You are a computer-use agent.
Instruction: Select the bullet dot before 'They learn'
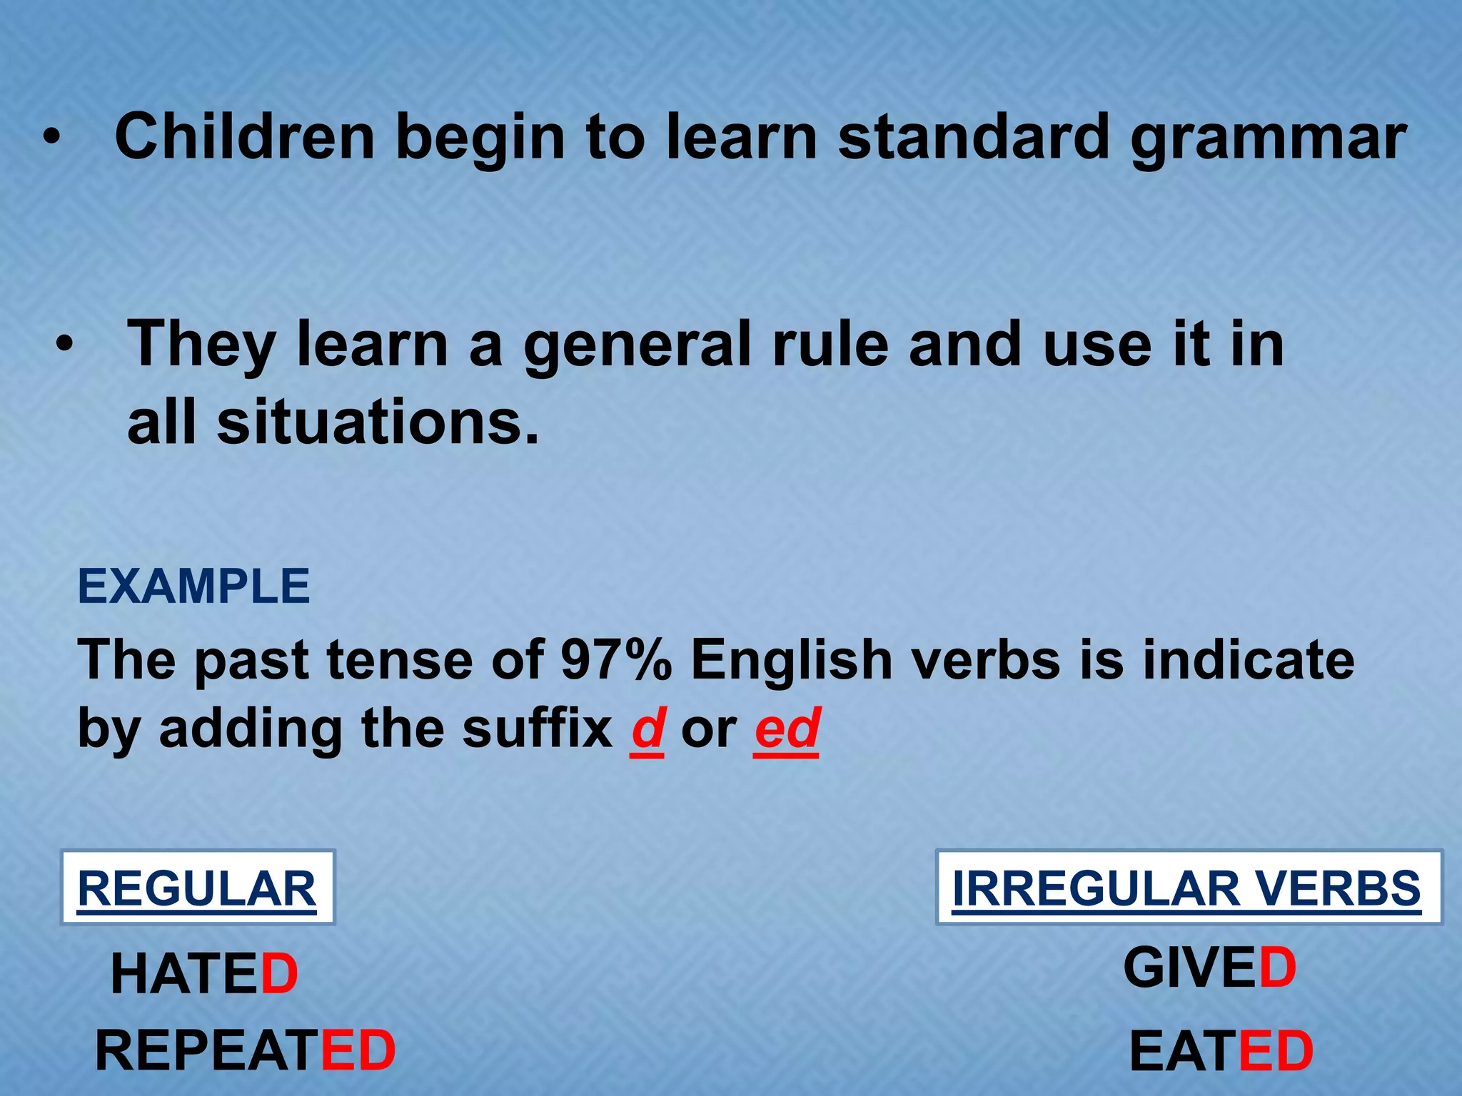pyautogui.click(x=65, y=345)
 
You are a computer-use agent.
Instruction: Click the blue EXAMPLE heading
pyautogui.click(x=193, y=587)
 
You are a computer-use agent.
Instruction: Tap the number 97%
pyautogui.click(x=616, y=659)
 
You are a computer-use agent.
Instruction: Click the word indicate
pyautogui.click(x=1248, y=659)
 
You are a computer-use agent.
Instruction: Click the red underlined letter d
pyautogui.click(x=647, y=729)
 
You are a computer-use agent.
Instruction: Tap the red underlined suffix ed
pyautogui.click(x=787, y=729)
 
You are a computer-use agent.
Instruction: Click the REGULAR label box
pyautogui.click(x=197, y=888)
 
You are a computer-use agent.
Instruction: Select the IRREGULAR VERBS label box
pyautogui.click(x=1188, y=888)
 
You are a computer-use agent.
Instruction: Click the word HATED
pyautogui.click(x=204, y=975)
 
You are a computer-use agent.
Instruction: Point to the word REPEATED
pyautogui.click(x=245, y=1051)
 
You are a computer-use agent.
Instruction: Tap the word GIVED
pyautogui.click(x=1209, y=968)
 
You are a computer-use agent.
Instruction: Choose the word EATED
pyautogui.click(x=1221, y=1052)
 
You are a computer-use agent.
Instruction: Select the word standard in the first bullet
pyautogui.click(x=974, y=137)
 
